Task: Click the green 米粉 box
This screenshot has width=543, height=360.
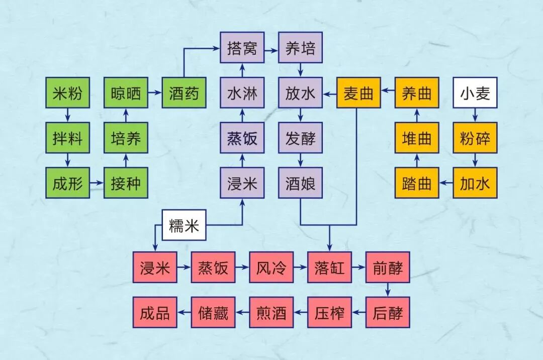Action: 67,93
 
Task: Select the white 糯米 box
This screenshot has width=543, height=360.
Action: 184,225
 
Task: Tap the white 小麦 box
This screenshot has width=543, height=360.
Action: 475,93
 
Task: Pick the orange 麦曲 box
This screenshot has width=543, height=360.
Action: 358,93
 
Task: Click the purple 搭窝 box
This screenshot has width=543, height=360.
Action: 242,48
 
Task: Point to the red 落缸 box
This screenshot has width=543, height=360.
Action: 330,267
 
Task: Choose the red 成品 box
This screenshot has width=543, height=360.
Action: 155,313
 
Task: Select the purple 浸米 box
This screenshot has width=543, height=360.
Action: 242,184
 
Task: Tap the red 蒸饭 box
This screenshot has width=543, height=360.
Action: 213,267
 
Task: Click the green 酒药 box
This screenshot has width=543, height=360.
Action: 184,93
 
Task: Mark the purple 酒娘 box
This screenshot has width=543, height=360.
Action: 301,184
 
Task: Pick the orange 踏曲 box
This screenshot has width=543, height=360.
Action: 417,184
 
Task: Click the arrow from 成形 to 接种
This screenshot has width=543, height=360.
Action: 97,184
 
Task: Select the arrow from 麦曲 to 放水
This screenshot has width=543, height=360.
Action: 330,93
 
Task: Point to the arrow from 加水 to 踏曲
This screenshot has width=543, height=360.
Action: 446,184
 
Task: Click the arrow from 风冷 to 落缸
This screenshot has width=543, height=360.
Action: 301,267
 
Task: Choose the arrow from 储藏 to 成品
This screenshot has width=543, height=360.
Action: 184,313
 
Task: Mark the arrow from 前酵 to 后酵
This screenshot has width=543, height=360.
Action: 388,290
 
